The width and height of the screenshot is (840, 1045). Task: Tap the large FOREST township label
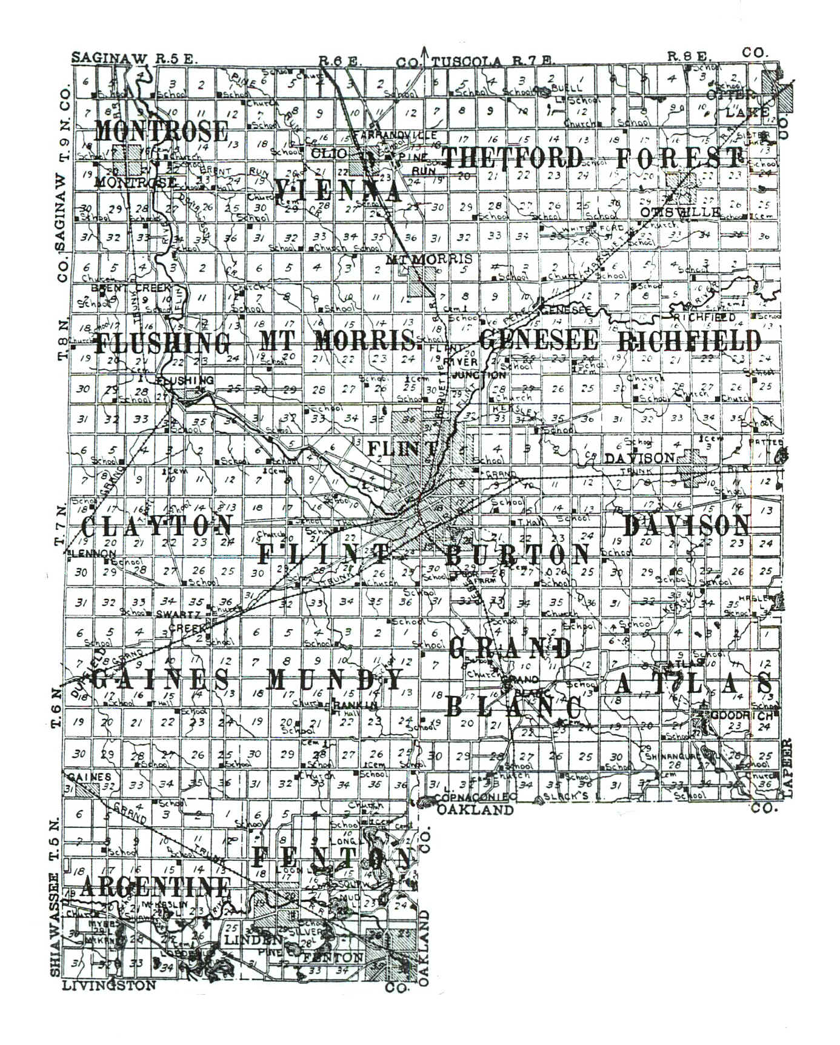pyautogui.click(x=679, y=158)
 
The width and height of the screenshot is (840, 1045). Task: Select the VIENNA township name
pyautogui.click(x=338, y=191)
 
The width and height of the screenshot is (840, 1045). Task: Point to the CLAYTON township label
pyautogui.click(x=156, y=526)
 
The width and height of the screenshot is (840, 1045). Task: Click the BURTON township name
pyautogui.click(x=518, y=554)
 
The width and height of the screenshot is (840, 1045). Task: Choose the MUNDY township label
pyautogui.click(x=335, y=679)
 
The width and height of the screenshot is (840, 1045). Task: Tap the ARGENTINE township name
pyautogui.click(x=155, y=887)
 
